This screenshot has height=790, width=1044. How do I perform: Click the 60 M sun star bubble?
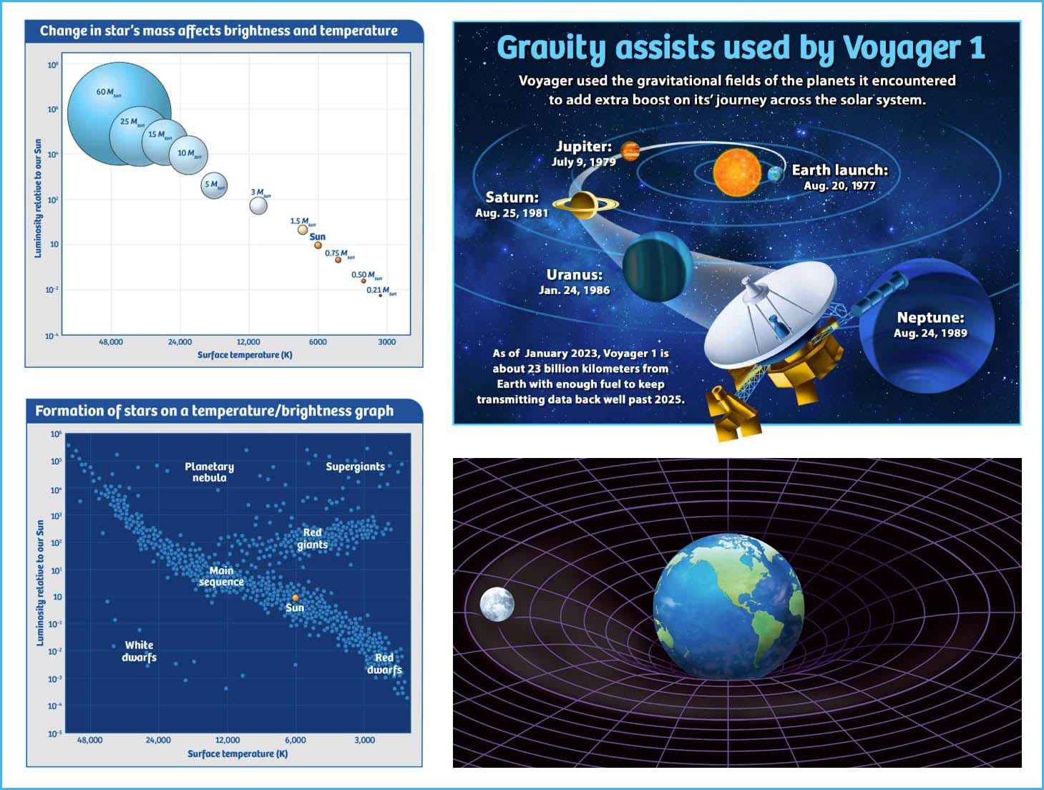119,114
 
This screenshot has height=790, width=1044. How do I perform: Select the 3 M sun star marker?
258,206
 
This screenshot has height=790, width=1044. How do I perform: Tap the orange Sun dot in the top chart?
318,245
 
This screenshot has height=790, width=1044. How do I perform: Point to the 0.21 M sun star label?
381,291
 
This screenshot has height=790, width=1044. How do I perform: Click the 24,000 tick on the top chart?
180,342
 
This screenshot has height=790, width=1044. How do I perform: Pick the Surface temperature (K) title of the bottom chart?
238,754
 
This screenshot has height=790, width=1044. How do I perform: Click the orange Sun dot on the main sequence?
296,598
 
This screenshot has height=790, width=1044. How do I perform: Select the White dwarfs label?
139,651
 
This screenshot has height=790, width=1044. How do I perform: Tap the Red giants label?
313,538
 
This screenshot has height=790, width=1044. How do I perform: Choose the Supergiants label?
356,467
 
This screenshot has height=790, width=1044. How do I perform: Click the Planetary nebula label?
209,472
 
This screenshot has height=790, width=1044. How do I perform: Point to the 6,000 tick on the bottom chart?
296,740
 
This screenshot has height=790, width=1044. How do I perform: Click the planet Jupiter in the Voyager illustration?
630,151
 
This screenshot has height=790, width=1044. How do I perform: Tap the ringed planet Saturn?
585,205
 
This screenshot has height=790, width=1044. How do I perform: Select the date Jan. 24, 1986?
574,290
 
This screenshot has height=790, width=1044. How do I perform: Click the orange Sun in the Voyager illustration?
737,172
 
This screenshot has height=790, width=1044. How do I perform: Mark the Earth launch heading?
839,170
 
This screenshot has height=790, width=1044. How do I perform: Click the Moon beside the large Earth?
497,605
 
